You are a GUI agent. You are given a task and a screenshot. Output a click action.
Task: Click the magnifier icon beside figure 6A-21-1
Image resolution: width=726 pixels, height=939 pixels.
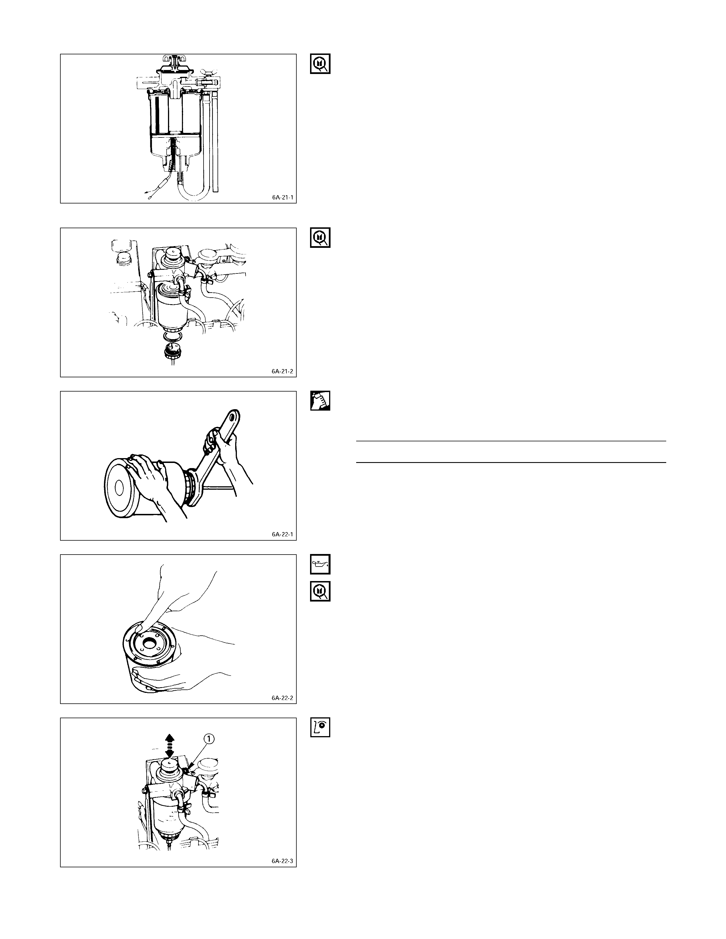[x=320, y=64]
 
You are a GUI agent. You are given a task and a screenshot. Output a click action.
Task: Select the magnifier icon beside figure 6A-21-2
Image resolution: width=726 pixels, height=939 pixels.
[x=320, y=238]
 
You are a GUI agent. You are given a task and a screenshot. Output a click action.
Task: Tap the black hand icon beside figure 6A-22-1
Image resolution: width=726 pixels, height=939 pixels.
[x=320, y=401]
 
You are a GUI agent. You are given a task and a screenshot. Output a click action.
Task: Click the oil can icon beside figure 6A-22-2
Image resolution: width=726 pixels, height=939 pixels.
[x=320, y=565]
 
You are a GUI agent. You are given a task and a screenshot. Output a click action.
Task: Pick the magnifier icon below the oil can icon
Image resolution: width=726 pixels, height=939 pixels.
[x=320, y=591]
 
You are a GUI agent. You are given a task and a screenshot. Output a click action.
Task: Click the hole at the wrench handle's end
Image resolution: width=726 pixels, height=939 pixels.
[x=233, y=417]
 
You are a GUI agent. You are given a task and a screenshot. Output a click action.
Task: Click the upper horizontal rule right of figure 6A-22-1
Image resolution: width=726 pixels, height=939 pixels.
[x=511, y=441]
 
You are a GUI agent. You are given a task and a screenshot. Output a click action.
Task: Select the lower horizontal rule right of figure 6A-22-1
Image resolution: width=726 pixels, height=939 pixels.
[x=511, y=463]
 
